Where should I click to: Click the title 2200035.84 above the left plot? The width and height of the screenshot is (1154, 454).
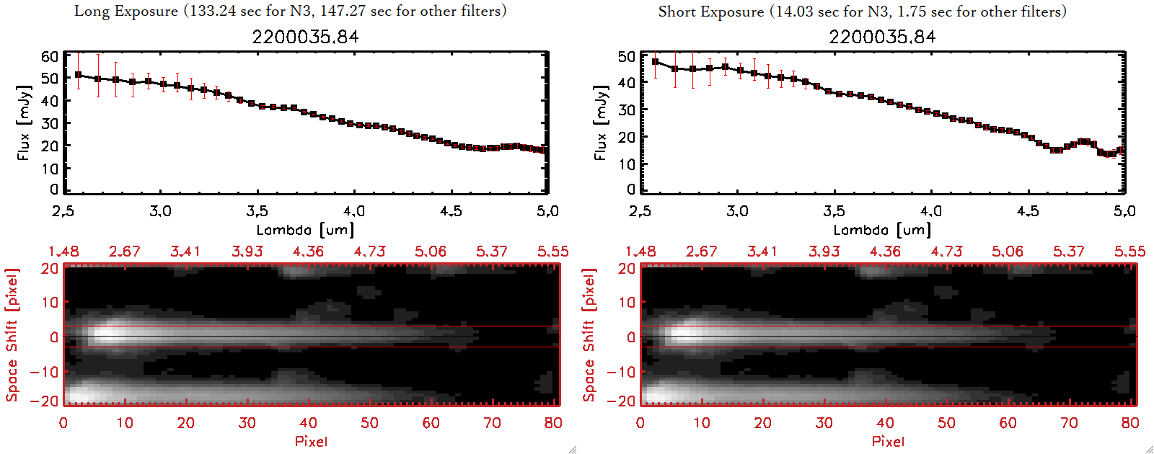click(305, 37)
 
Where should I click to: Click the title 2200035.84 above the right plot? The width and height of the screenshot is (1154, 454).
click(882, 37)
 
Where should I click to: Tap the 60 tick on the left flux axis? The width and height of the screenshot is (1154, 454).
click(50, 56)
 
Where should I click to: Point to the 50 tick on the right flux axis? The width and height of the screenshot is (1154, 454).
click(627, 56)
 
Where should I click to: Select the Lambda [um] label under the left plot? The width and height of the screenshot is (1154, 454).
click(305, 230)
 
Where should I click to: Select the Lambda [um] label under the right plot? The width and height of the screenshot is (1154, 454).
click(882, 230)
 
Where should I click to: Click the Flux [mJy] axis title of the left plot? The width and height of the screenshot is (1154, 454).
click(24, 123)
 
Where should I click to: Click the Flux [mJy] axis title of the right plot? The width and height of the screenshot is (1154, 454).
click(601, 123)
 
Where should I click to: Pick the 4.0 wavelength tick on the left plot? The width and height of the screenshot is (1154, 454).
click(353, 211)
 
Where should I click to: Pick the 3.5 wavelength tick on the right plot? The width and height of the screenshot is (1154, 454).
click(834, 211)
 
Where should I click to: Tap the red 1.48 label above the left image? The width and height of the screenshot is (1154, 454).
click(63, 252)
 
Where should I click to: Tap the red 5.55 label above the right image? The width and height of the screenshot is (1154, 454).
click(1129, 252)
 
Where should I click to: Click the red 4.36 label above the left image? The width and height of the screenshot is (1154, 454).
click(308, 252)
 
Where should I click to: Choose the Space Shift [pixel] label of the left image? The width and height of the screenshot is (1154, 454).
click(12, 335)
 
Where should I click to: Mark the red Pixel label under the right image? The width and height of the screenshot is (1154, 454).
click(888, 441)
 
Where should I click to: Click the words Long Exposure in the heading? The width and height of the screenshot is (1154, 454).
click(126, 11)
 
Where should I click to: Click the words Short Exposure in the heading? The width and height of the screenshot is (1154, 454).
click(710, 12)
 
